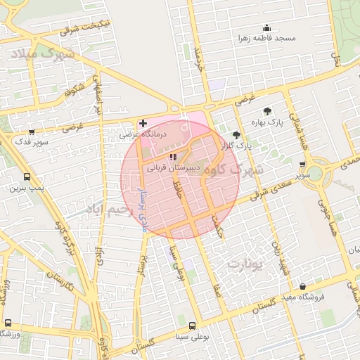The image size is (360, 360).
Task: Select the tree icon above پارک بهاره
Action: tap(268, 110)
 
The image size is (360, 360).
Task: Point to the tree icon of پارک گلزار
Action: tap(236, 135)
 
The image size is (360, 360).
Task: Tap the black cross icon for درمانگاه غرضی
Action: tap(143, 123)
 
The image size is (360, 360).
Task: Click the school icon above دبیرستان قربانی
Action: tap(174, 157)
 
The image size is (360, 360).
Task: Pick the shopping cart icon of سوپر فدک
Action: tap(32, 131)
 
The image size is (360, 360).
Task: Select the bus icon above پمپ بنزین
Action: tap(27, 177)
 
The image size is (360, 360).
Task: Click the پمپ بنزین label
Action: tap(27, 188)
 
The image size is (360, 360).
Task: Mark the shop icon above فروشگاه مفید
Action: tap(303, 286)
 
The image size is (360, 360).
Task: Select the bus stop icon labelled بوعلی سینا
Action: tap(191, 326)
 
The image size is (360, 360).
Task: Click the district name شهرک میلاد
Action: tap(41, 54)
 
